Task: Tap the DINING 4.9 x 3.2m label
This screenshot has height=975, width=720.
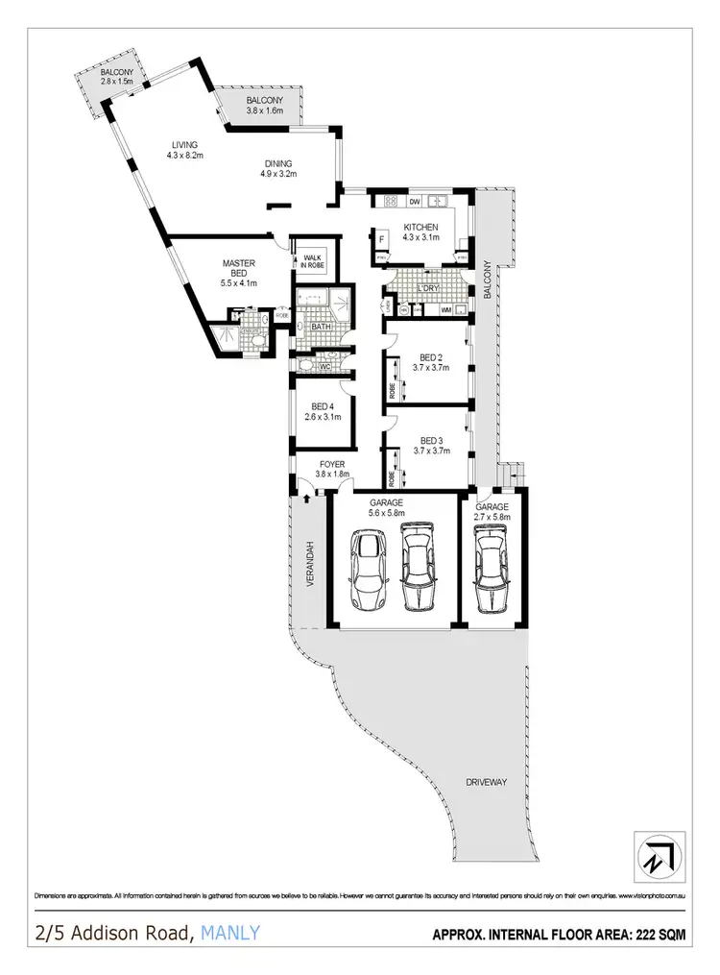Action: click(x=278, y=169)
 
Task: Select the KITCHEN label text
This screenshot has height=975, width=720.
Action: click(x=420, y=228)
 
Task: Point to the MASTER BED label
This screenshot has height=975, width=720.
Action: click(x=236, y=267)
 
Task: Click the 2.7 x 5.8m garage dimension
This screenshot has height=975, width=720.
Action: click(x=492, y=517)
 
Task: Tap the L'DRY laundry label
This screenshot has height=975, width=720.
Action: click(x=428, y=288)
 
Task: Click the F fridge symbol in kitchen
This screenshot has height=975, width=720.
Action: click(x=381, y=239)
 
